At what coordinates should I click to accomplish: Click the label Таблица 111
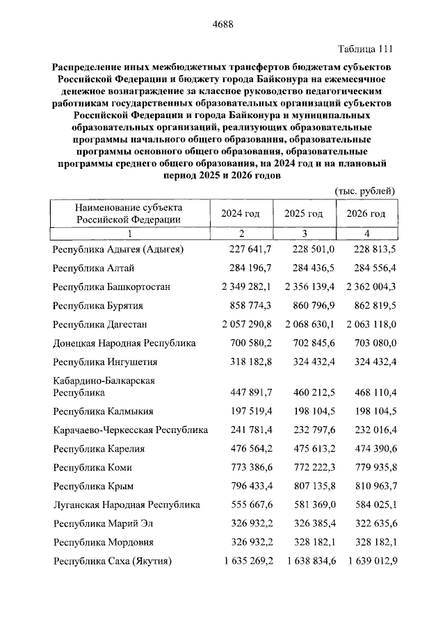point(365,49)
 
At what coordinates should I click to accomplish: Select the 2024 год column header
point(241,213)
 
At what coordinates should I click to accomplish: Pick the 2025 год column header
point(304,213)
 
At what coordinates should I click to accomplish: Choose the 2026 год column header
point(366,213)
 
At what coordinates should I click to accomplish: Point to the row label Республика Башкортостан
point(111,286)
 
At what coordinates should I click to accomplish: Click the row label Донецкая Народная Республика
point(124,343)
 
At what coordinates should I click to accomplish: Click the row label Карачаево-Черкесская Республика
point(131,430)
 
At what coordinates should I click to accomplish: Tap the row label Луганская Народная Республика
point(127,505)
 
